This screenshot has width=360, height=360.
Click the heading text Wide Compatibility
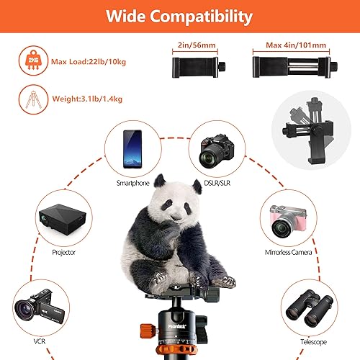coord(179,15)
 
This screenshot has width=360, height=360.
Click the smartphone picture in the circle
coord(132,146)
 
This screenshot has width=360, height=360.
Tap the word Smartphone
coord(132,183)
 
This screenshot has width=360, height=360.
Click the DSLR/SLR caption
coord(220,183)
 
